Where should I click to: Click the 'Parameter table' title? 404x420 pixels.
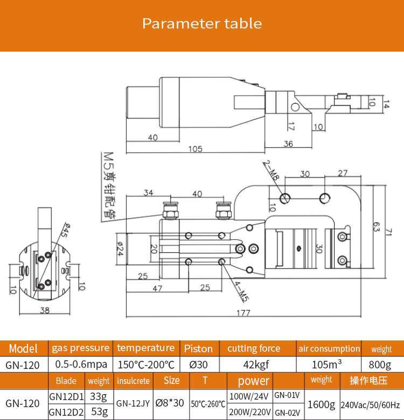pos(202,24)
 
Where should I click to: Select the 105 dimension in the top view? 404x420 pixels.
pos(196,148)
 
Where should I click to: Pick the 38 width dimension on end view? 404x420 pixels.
pos(44,310)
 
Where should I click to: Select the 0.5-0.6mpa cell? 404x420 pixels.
pos(80,364)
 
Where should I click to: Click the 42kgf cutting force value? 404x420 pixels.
pos(254,364)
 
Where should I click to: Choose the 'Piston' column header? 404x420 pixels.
pos(198,348)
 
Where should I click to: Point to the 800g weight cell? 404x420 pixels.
pos(381,364)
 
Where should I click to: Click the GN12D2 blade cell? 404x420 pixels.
pos(66,412)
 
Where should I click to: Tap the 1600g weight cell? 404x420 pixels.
pos(322,404)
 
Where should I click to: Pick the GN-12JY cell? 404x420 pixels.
pos(133,404)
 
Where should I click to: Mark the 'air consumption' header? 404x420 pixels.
pos(329,348)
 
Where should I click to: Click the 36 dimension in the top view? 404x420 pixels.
pos(288,144)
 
